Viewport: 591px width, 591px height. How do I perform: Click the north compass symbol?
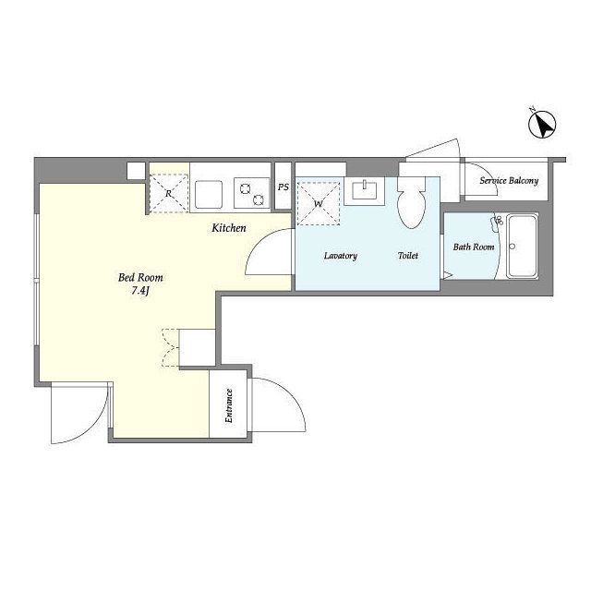click(542, 125)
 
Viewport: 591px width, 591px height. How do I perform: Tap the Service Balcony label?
click(509, 181)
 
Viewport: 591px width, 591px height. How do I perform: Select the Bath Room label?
click(474, 247)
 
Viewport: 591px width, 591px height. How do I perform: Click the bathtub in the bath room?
click(522, 247)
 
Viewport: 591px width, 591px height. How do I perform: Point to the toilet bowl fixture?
click(412, 202)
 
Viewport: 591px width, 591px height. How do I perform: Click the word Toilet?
click(408, 256)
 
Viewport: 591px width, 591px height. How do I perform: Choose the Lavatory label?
click(341, 256)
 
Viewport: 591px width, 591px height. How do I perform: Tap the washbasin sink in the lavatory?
click(365, 190)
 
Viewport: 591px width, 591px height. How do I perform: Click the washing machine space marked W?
click(318, 203)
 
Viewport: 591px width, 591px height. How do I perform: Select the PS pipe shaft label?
click(283, 187)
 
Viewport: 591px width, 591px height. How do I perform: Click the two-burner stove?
click(251, 193)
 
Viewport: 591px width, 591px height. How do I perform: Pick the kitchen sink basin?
click(209, 194)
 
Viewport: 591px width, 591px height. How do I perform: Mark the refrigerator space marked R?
click(168, 193)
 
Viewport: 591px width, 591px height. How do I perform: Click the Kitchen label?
click(229, 228)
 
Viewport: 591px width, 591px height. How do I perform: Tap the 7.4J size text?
click(140, 291)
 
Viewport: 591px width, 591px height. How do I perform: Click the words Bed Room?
click(140, 277)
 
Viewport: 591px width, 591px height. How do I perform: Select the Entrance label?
click(228, 405)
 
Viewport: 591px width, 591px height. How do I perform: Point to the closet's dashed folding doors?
click(170, 347)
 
